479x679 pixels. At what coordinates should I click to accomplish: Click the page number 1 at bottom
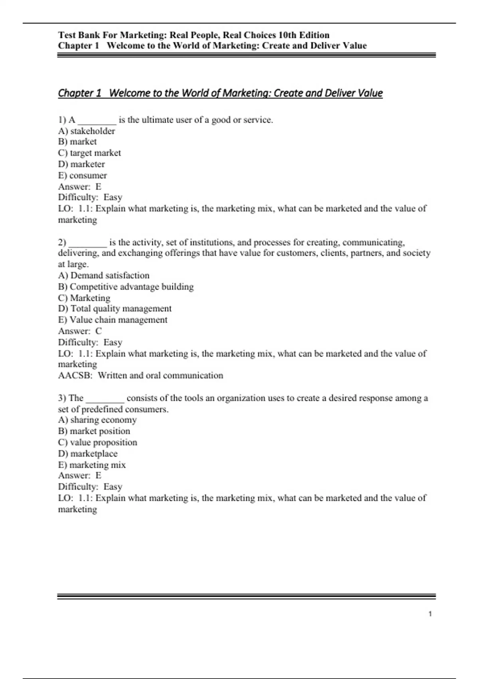(x=430, y=614)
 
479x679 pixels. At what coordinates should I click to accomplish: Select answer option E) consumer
(x=83, y=175)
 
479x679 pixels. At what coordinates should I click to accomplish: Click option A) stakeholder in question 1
(x=87, y=131)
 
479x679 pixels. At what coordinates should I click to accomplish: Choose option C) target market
(x=89, y=153)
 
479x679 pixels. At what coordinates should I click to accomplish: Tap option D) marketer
(x=81, y=164)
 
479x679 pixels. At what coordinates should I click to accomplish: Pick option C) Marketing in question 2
(x=84, y=298)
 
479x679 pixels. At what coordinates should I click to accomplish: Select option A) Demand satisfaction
(x=104, y=276)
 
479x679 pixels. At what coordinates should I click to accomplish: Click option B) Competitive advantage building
(x=126, y=287)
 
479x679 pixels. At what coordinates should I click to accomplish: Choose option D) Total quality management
(x=115, y=309)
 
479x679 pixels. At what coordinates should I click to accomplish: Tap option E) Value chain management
(x=113, y=320)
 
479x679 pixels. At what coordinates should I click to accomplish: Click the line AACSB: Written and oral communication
(x=141, y=375)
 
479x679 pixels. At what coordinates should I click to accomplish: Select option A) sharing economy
(x=97, y=420)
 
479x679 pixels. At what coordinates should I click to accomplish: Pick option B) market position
(x=94, y=431)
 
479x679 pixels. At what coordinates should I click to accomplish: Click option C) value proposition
(x=98, y=443)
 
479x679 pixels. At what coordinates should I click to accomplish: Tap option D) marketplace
(x=88, y=454)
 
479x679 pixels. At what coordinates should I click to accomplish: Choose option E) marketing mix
(x=92, y=465)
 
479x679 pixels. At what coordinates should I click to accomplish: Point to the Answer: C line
(x=80, y=331)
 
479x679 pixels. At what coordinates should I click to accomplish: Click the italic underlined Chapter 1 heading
(x=220, y=93)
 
